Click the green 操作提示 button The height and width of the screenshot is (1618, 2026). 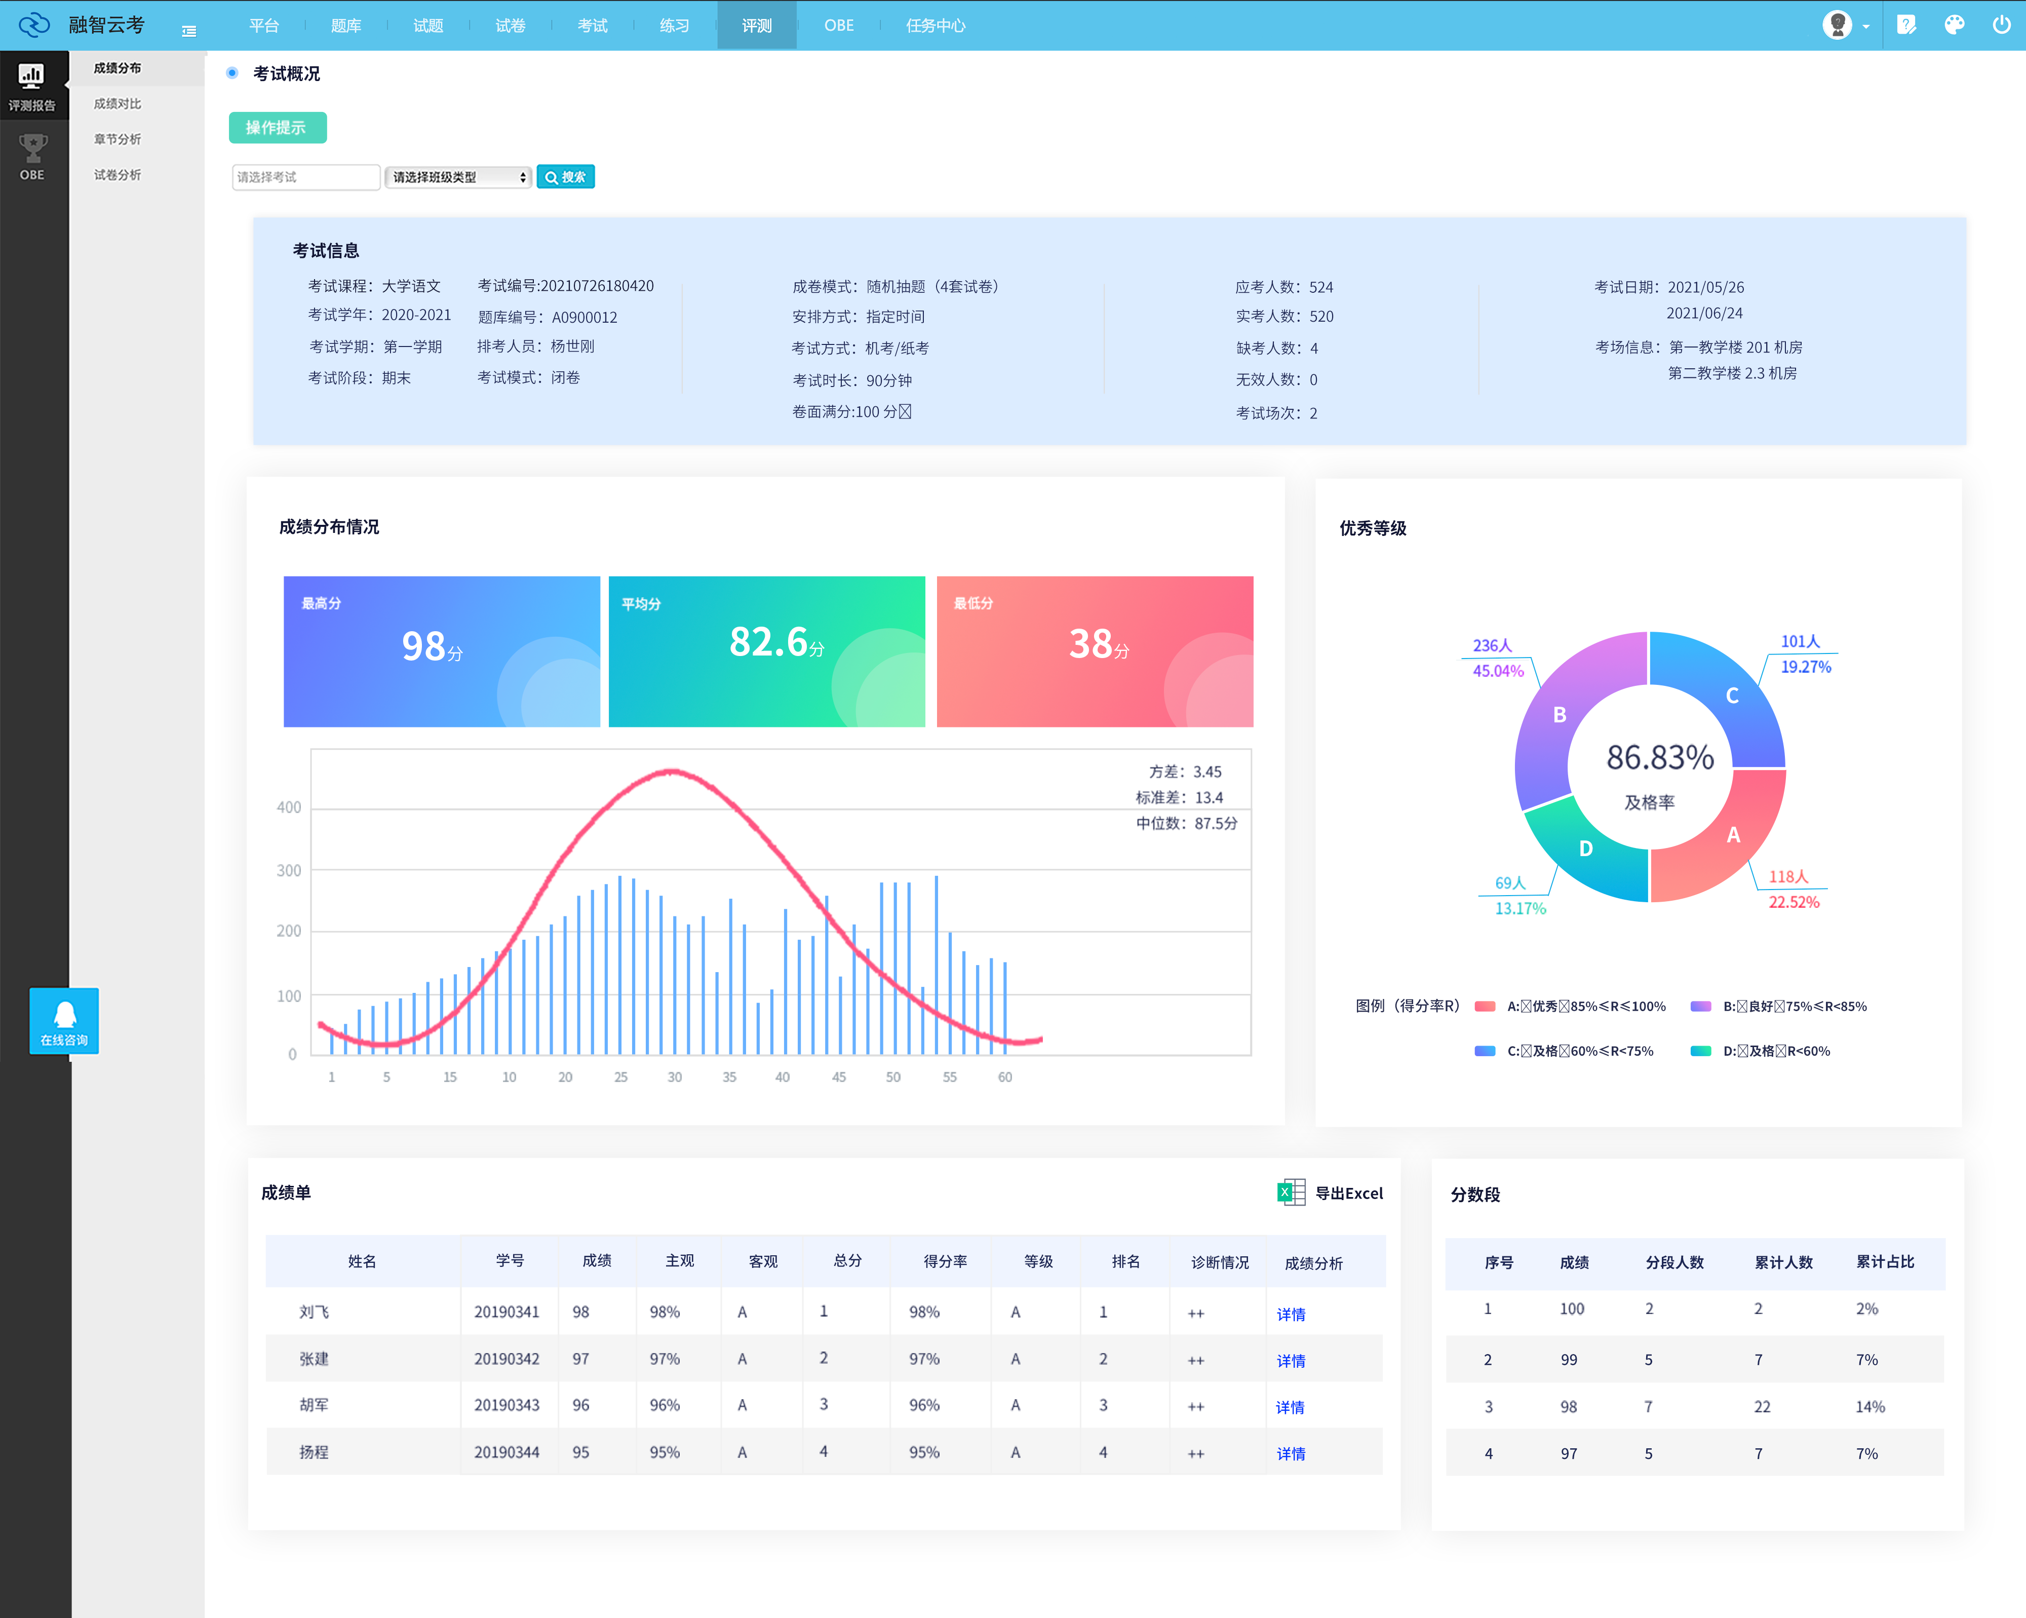[277, 128]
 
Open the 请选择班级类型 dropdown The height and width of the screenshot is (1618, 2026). [458, 177]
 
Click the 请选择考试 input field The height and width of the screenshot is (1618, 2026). [305, 177]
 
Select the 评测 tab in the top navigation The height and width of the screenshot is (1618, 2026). [757, 25]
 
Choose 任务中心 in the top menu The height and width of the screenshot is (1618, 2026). [935, 25]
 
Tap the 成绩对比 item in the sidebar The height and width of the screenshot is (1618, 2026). [118, 103]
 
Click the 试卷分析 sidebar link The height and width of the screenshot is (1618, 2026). [118, 175]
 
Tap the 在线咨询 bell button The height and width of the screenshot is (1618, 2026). [64, 1020]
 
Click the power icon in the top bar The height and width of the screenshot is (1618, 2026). [2001, 24]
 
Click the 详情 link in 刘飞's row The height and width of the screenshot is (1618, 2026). [1290, 1314]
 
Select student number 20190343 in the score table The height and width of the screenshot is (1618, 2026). [506, 1405]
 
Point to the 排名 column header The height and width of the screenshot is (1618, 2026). [1125, 1261]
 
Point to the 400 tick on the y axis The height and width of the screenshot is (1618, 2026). [289, 807]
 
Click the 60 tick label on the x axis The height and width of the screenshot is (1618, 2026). [1004, 1077]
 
